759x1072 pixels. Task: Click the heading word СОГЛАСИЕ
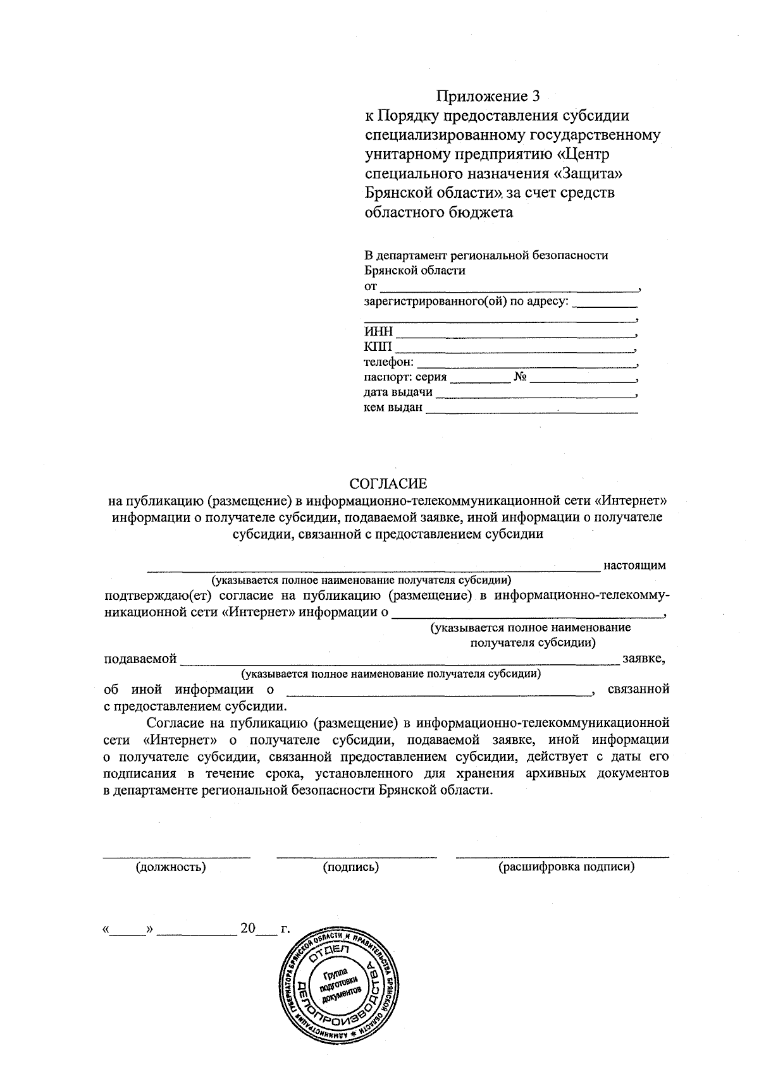pos(388,484)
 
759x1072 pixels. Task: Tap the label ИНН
pos(378,332)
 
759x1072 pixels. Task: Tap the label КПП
pos(378,347)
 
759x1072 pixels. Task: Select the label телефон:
pos(389,362)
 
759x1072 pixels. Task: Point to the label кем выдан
pos(393,408)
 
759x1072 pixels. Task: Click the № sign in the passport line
pos(521,377)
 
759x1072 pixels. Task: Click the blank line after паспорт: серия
pos(479,381)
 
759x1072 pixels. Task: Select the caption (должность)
pos(171,867)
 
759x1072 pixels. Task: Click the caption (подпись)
pos(351,867)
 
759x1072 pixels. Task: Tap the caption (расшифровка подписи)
pos(566,867)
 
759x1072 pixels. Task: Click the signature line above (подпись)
pos(356,857)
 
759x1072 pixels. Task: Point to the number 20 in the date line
pos(247,929)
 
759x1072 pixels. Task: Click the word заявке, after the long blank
pos(643,659)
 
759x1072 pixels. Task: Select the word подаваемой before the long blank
pos(140,659)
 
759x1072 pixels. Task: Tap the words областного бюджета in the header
pos(439,212)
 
